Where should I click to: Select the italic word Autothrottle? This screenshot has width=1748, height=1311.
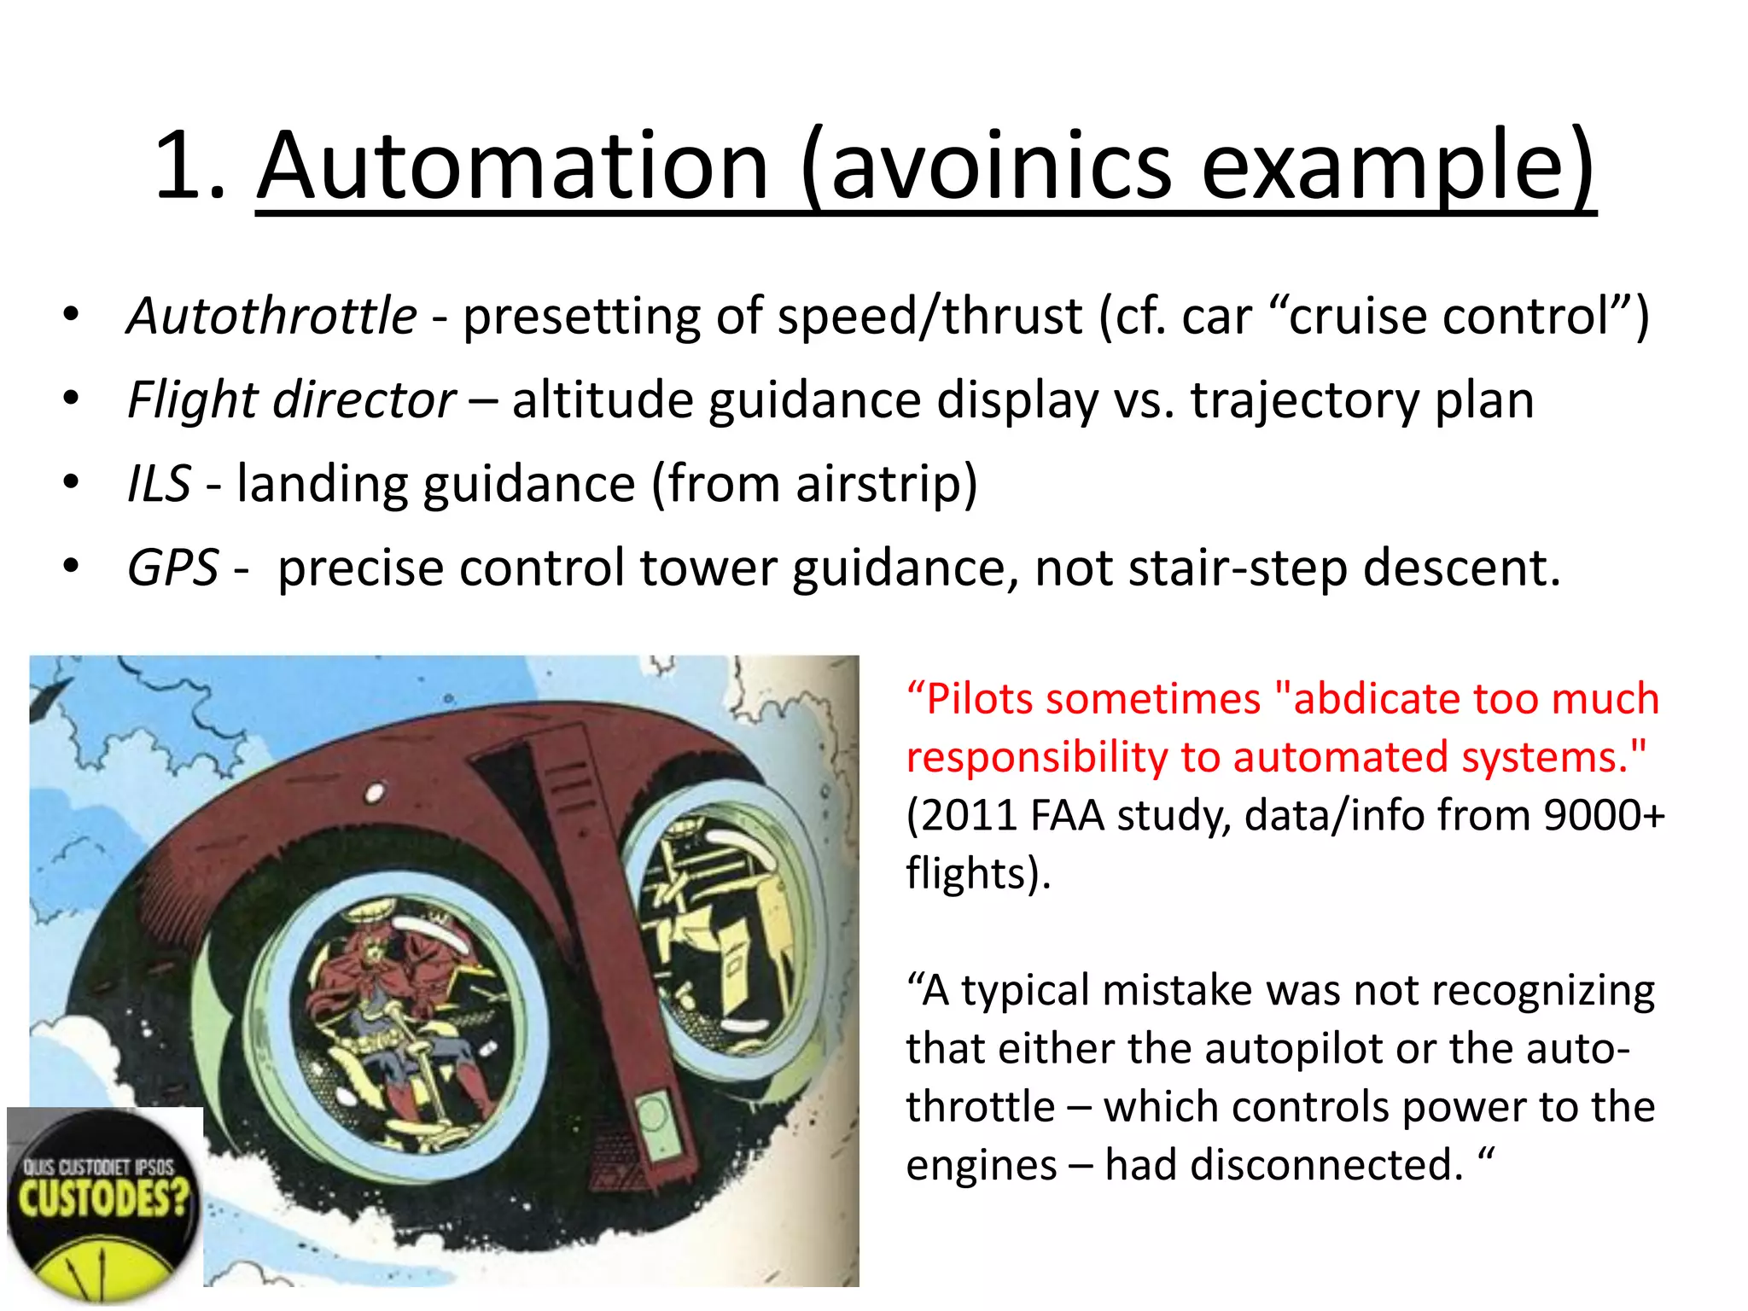(271, 316)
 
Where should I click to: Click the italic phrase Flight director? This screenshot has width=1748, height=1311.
(291, 399)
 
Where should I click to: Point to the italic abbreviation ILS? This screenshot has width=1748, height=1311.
(159, 483)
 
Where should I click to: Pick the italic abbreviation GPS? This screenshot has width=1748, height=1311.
(172, 568)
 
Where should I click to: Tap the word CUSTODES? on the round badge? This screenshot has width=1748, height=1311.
(103, 1198)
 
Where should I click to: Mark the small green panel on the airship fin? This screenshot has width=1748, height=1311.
(653, 1117)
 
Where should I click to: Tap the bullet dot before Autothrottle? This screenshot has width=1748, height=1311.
(72, 316)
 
